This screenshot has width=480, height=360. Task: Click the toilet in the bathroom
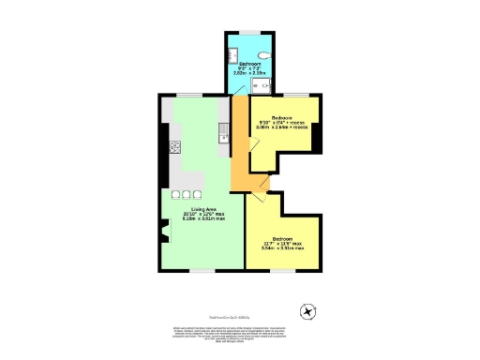pos(269,55)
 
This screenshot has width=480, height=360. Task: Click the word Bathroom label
pos(249,64)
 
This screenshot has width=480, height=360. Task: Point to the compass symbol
pos(305,311)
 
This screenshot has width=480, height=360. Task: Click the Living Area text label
pos(200,209)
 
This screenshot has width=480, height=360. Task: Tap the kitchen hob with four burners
pos(174,147)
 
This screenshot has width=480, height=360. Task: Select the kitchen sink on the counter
pos(223,140)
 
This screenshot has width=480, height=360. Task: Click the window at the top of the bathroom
pos(250,34)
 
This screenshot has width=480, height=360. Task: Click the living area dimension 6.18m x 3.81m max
pos(200,220)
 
